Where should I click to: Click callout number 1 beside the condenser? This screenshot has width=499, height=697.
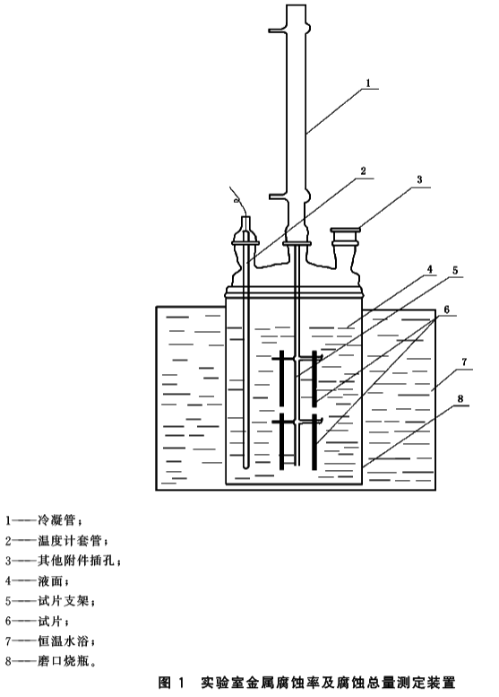(367, 83)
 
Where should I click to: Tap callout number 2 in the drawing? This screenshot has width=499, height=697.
(363, 171)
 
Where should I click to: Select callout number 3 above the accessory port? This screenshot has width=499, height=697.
(419, 180)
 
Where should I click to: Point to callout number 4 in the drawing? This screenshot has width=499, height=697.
(429, 269)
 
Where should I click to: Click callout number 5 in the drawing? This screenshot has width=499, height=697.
(455, 270)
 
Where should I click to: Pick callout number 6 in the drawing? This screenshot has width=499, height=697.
(447, 309)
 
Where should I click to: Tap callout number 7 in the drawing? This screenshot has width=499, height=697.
(464, 362)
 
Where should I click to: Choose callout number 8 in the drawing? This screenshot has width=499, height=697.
(460, 398)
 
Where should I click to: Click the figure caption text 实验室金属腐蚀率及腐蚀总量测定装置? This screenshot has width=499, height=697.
(328, 682)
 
